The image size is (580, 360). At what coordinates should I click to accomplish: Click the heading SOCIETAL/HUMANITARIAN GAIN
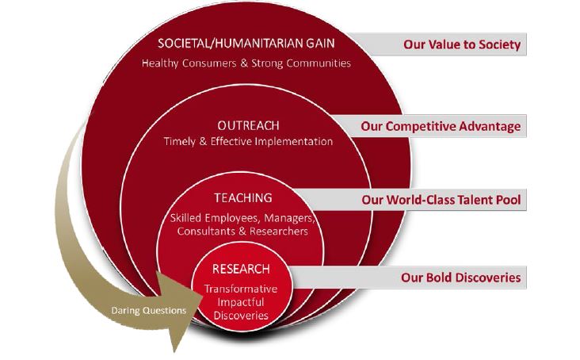[246, 44]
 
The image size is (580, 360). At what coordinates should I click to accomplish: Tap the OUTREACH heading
[248, 126]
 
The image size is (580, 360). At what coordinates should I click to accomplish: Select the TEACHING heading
[243, 198]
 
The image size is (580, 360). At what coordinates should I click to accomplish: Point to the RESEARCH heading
[241, 269]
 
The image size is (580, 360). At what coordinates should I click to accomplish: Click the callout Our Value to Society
[462, 44]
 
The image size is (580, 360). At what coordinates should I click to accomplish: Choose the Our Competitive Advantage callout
[441, 127]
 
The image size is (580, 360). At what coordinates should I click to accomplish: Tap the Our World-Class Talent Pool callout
[441, 200]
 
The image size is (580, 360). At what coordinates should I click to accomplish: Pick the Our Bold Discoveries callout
[461, 278]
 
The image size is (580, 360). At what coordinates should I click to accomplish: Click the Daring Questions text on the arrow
[149, 310]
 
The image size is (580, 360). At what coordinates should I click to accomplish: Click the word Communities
[319, 63]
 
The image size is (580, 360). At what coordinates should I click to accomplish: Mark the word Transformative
[241, 289]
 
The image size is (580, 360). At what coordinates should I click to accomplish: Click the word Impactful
[241, 302]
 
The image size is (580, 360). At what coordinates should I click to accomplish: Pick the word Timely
[179, 142]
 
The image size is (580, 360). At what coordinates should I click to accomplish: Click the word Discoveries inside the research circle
[241, 316]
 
